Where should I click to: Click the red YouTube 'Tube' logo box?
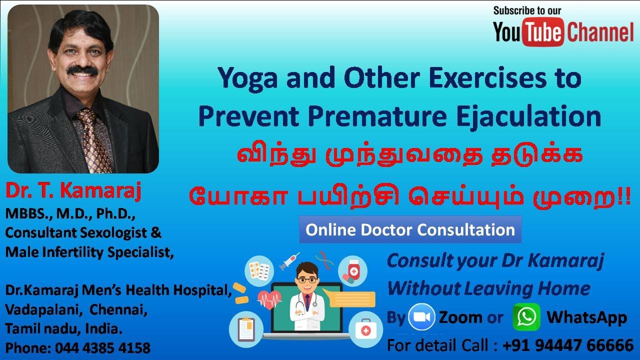543,32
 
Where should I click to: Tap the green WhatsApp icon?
526,317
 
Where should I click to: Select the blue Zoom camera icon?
421,317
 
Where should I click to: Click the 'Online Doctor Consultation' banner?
410,229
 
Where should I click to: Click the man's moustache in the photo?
82,70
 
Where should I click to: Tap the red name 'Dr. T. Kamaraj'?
73,191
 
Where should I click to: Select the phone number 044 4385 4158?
102,348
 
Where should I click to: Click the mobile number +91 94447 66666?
568,345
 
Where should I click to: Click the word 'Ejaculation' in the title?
529,117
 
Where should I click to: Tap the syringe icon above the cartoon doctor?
289,261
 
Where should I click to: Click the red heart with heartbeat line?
269,299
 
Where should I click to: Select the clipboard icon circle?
246,329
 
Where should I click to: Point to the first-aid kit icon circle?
365,329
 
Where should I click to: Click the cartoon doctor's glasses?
307,280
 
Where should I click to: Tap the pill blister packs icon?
259,271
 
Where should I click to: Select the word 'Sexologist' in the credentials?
113,232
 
